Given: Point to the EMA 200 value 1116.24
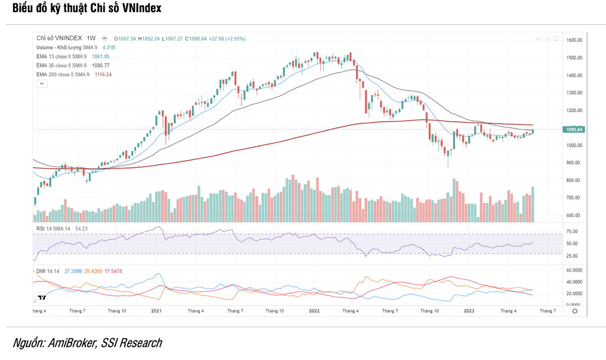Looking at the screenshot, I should click(103, 74).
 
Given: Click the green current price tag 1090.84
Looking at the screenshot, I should click(574, 130).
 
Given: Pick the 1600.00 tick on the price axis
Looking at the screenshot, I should click(575, 40).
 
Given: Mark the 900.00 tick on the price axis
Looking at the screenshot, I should click(574, 163).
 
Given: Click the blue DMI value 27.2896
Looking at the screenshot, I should click(73, 271).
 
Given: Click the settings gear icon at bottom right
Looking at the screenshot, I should click(575, 311).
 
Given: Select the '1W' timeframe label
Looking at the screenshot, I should click(91, 38).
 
